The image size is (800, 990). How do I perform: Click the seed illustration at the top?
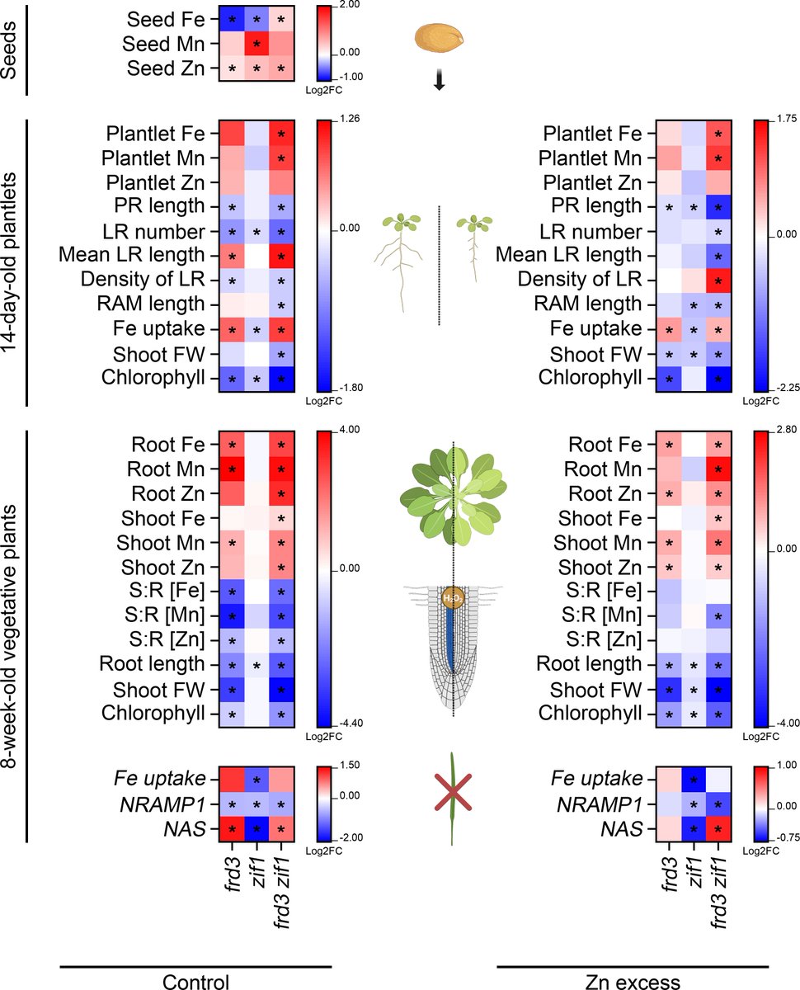[x=440, y=36]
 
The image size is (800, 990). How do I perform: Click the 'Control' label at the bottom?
[x=195, y=981]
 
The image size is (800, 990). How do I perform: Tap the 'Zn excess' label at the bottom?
[x=633, y=981]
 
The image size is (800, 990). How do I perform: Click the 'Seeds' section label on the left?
[x=11, y=50]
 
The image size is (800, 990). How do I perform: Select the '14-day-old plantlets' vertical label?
[x=11, y=262]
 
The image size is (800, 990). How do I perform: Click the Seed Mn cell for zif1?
[x=256, y=42]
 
